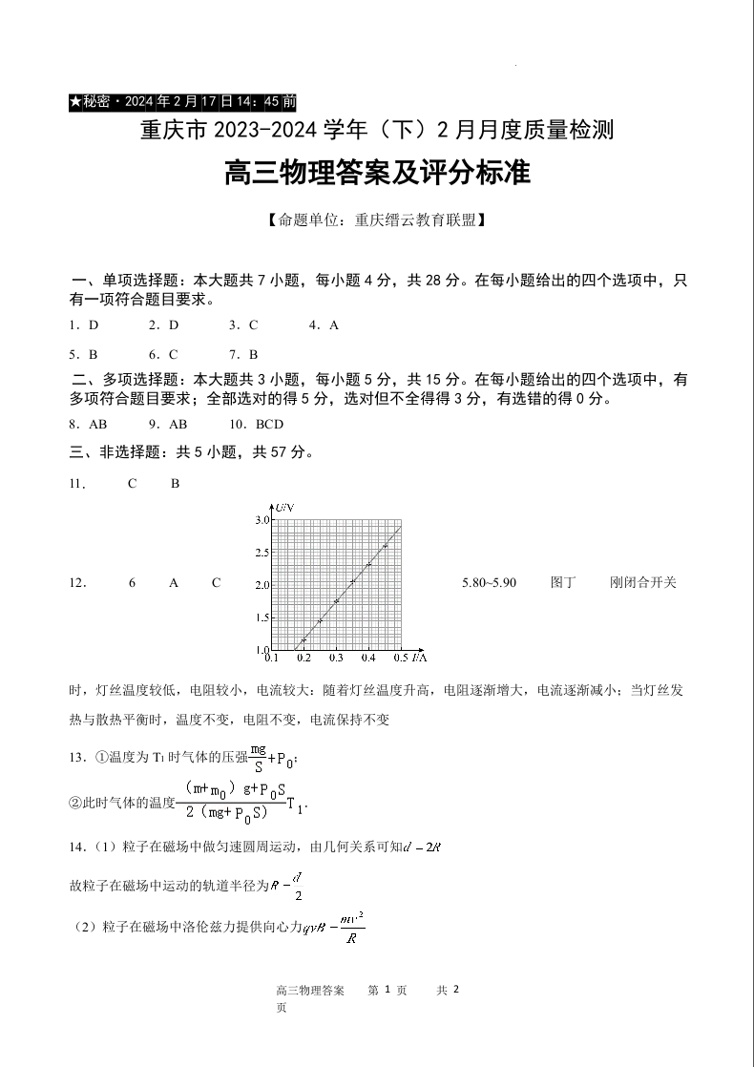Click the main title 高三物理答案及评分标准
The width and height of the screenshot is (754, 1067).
[x=376, y=174]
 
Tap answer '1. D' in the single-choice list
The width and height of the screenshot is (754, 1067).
[x=84, y=324]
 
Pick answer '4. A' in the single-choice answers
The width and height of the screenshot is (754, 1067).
[x=324, y=324]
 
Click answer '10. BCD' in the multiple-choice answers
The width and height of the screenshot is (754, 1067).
[x=257, y=424]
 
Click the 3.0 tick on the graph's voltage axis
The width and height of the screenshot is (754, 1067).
[x=262, y=520]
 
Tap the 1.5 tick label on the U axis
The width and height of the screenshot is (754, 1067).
[x=262, y=617]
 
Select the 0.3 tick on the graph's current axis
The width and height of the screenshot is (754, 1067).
[x=336, y=658]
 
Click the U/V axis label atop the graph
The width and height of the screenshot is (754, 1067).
[x=283, y=508]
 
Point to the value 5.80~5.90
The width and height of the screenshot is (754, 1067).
[x=489, y=582]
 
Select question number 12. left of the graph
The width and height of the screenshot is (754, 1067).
[x=78, y=582]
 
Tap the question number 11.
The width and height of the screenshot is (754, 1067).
[x=78, y=484]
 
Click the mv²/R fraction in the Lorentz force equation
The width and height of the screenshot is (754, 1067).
[x=351, y=927]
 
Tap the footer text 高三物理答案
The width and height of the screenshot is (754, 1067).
[x=309, y=991]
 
